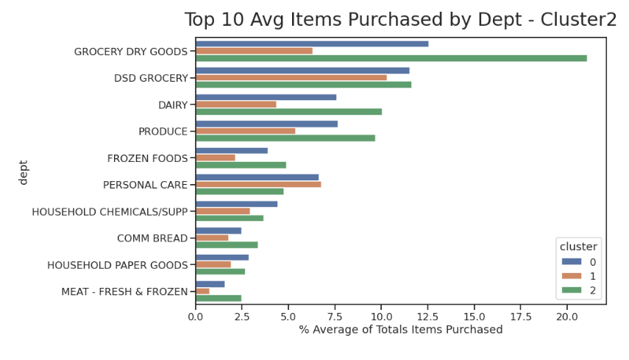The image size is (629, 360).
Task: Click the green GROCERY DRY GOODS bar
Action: (391, 58)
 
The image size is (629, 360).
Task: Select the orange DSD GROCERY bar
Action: (291, 77)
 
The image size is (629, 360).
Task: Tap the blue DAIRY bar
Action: (266, 97)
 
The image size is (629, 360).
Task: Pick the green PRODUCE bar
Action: (285, 138)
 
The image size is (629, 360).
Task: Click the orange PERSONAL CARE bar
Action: (258, 184)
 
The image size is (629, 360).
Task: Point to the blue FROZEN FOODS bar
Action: (231, 150)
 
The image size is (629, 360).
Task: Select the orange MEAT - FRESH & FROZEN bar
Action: (202, 291)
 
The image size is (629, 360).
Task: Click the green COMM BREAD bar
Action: (227, 244)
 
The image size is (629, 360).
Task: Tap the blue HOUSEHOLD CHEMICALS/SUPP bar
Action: (236, 204)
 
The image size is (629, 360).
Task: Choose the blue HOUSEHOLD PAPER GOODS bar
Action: (221, 257)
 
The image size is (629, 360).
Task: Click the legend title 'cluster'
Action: (578, 246)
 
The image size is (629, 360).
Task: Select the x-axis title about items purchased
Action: (400, 330)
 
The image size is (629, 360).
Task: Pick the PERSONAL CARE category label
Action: (145, 185)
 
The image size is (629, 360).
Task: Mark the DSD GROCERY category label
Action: (151, 78)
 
